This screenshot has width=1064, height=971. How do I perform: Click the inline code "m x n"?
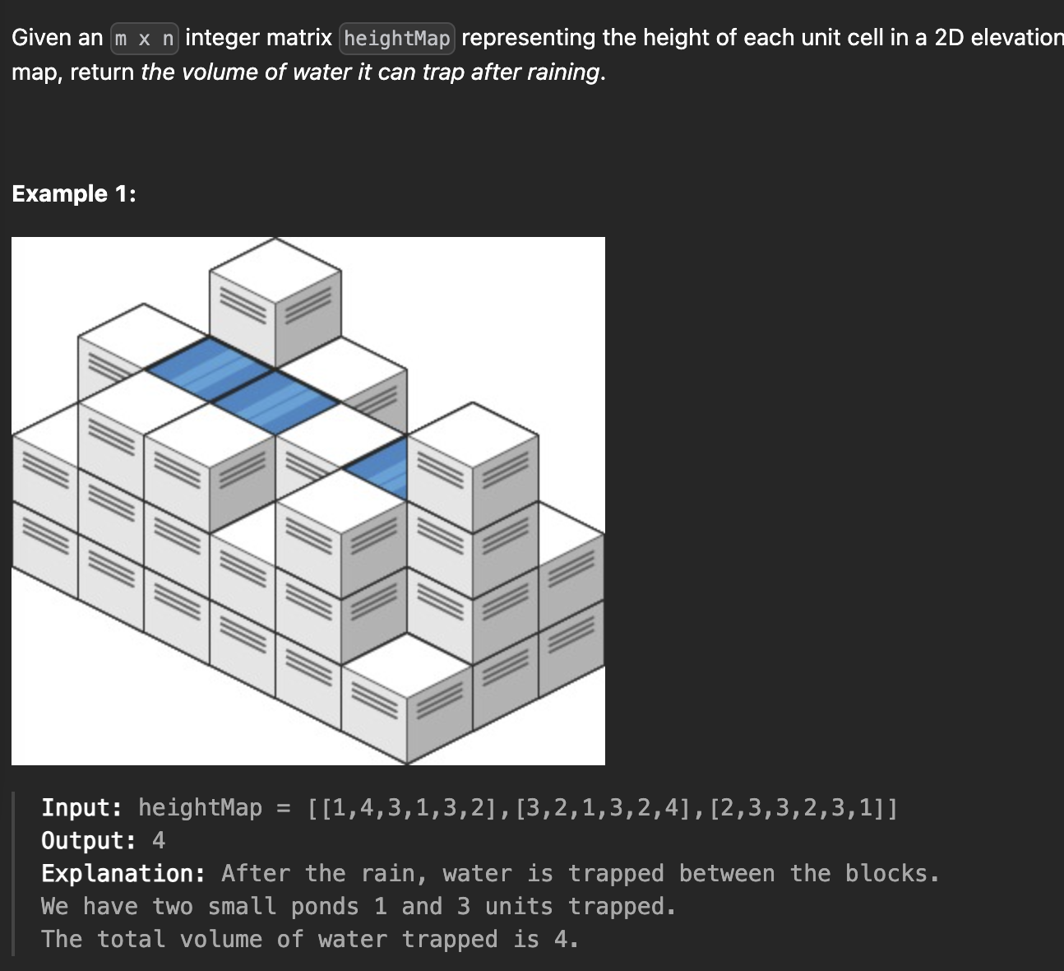144,39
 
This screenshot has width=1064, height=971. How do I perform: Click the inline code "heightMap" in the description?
397,39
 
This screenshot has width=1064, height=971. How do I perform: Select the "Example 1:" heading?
74,193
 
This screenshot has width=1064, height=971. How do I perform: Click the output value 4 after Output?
159,840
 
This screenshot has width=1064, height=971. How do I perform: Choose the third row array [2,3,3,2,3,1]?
797,807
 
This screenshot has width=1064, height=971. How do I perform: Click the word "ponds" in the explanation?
325,906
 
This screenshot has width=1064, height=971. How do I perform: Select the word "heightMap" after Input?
200,807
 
